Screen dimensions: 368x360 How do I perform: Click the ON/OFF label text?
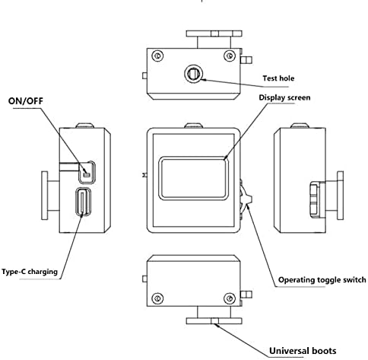click(26, 101)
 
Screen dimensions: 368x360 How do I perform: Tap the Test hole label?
click(278, 78)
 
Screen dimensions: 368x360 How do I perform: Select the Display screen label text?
click(284, 97)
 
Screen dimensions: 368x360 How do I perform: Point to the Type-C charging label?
click(30, 272)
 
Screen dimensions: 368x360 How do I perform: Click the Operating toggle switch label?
click(322, 280)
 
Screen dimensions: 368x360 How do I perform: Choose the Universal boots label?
click(303, 351)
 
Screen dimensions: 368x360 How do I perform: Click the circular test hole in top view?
click(194, 74)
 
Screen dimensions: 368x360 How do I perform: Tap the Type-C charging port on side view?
click(83, 202)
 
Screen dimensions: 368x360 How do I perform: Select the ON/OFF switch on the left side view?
click(87, 172)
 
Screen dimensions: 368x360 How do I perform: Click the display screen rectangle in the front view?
click(193, 178)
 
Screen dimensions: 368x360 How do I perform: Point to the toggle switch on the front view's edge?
click(246, 199)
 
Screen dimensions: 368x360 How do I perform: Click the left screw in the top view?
click(157, 56)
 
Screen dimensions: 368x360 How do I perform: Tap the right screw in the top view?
click(230, 56)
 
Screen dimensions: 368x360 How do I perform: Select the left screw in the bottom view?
click(157, 298)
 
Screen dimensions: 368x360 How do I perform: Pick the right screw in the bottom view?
click(230, 298)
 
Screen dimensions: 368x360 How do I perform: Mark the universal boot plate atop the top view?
click(214, 33)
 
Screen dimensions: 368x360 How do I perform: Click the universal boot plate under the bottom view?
click(214, 321)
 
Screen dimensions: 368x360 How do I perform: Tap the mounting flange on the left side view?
click(45, 196)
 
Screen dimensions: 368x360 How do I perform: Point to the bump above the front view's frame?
click(193, 126)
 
